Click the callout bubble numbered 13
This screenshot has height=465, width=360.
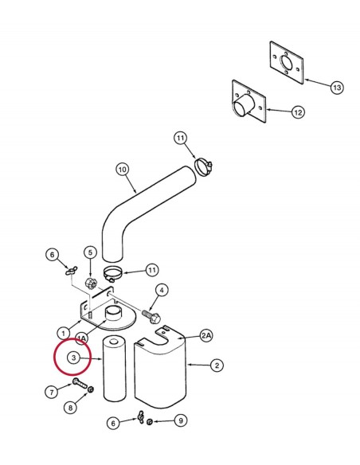pyautogui.click(x=337, y=88)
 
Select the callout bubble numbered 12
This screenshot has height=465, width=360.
pyautogui.click(x=298, y=112)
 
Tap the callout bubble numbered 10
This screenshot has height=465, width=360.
pyautogui.click(x=123, y=170)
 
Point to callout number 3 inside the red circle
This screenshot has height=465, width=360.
pyautogui.click(x=73, y=358)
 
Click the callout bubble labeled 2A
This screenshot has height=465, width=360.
pyautogui.click(x=207, y=335)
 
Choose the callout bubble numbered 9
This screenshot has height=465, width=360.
pyautogui.click(x=181, y=420)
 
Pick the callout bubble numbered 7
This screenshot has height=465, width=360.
pyautogui.click(x=52, y=392)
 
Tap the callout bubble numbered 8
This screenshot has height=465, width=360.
pyautogui.click(x=70, y=408)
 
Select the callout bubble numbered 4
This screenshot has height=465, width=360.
pyautogui.click(x=162, y=291)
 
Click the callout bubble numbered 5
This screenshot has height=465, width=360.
pyautogui.click(x=90, y=252)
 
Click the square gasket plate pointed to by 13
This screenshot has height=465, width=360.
pyautogui.click(x=287, y=63)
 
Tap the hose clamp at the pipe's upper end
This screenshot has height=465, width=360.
pyautogui.click(x=204, y=166)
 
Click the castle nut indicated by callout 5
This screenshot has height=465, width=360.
pyautogui.click(x=90, y=283)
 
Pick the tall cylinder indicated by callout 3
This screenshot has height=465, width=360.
pyautogui.click(x=114, y=369)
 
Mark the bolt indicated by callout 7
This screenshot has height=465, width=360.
pyautogui.click(x=80, y=384)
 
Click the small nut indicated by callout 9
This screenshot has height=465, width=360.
pyautogui.click(x=150, y=421)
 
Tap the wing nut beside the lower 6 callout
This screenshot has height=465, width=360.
pyautogui.click(x=140, y=417)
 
